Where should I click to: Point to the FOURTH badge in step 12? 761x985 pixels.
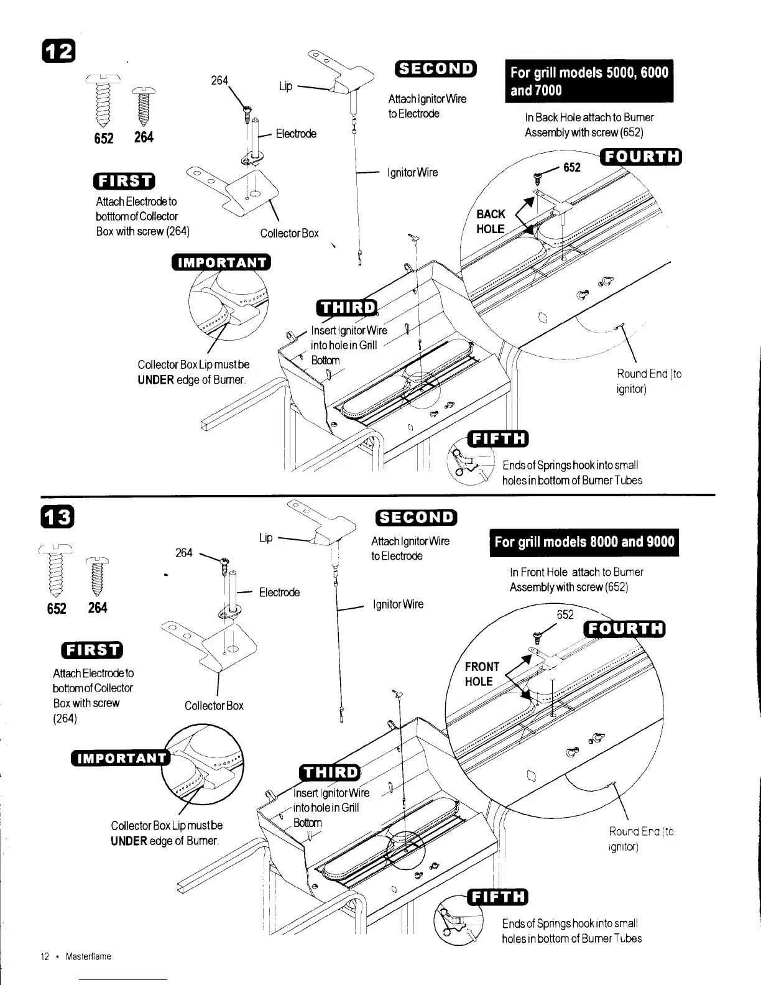click(x=641, y=156)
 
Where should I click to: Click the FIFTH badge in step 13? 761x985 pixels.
click(x=499, y=897)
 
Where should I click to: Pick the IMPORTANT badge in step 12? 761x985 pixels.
click(x=221, y=262)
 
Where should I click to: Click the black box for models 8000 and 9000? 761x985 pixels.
click(x=584, y=542)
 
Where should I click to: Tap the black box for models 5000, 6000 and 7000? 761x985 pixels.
click(x=589, y=81)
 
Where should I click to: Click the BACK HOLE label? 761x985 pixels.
click(x=491, y=221)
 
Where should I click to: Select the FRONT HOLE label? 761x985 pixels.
click(x=482, y=674)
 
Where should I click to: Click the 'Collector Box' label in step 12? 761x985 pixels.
click(x=289, y=233)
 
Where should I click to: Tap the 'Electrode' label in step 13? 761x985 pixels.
click(x=279, y=593)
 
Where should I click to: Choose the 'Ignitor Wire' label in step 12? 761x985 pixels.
click(x=412, y=172)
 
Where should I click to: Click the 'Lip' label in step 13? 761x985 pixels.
click(x=265, y=537)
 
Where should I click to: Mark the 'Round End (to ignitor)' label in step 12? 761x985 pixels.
click(x=648, y=381)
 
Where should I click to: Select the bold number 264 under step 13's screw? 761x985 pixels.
click(x=98, y=608)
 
